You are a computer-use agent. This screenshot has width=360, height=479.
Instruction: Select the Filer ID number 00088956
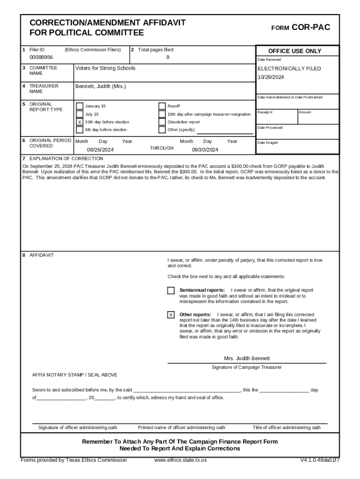click(41, 57)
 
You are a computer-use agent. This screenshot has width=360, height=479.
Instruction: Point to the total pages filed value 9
click(167, 57)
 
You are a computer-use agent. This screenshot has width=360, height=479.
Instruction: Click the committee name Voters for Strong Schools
click(105, 68)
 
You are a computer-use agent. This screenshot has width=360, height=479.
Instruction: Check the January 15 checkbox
click(79, 106)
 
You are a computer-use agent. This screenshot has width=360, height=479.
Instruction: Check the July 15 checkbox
click(79, 114)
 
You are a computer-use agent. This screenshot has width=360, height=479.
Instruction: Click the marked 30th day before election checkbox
click(79, 122)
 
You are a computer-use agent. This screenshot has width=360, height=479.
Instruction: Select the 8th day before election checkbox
click(79, 130)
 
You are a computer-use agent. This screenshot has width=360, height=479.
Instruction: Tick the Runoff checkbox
click(162, 106)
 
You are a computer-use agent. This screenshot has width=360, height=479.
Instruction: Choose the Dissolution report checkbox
click(162, 122)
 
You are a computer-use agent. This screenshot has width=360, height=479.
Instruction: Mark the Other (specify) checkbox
click(162, 130)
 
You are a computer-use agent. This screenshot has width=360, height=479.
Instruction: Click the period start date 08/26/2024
click(101, 150)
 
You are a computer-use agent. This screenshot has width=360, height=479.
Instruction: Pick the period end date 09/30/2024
click(205, 150)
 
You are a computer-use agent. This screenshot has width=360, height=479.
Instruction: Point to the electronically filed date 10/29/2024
click(271, 77)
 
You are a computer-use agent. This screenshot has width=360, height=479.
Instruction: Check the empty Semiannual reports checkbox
click(171, 291)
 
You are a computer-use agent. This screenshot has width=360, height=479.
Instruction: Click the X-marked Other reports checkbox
click(171, 315)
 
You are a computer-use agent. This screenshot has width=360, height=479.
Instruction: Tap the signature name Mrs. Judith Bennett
click(247, 358)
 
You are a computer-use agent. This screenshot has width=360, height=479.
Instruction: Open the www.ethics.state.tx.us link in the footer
click(180, 460)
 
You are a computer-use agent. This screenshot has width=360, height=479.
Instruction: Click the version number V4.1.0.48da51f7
click(320, 460)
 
